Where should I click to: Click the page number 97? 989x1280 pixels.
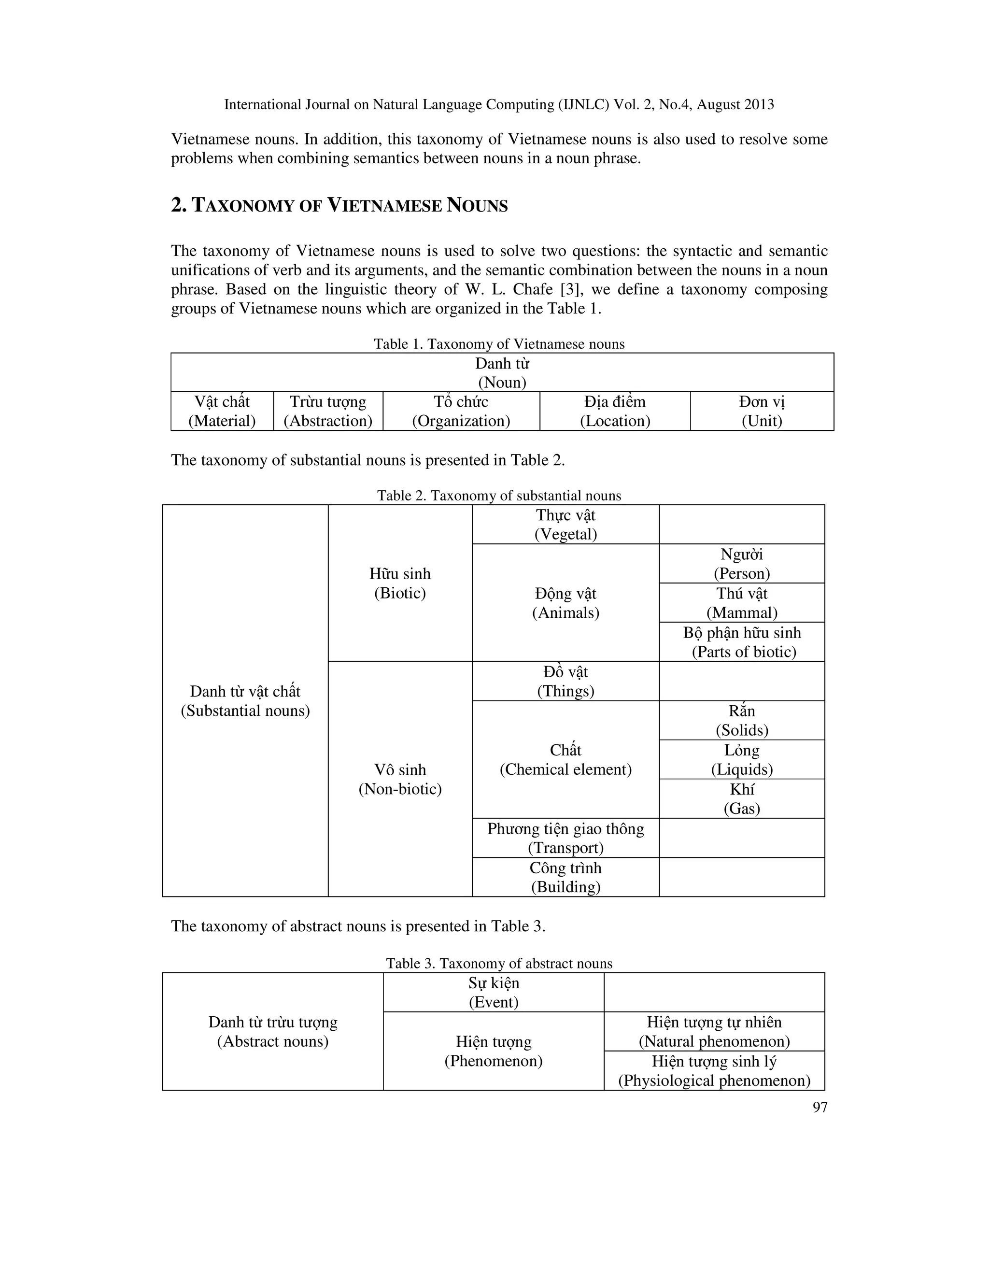pos(819,1107)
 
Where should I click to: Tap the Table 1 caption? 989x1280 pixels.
pos(499,344)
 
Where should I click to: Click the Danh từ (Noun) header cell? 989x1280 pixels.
pos(502,373)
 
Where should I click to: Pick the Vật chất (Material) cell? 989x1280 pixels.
pos(222,411)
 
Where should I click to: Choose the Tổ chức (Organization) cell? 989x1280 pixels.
pos(461,411)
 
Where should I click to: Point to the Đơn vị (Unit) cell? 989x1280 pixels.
pos(762,411)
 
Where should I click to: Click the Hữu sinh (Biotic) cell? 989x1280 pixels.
pos(400,583)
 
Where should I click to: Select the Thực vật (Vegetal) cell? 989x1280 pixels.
pos(565,525)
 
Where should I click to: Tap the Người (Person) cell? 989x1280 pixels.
pos(742,563)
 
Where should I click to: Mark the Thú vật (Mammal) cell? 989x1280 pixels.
pos(742,602)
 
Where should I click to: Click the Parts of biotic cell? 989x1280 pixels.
pos(742,642)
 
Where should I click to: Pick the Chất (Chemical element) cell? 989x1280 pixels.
pos(565,760)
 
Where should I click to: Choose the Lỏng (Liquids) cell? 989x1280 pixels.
pos(742,760)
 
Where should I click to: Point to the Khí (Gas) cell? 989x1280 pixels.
pos(742,799)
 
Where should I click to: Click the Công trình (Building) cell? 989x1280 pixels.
pos(565,877)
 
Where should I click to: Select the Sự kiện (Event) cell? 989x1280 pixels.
pos(494,992)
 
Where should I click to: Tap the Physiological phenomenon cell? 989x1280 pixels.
pos(714,1071)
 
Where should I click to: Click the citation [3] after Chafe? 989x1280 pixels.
pos(571,289)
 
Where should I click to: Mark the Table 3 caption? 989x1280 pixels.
pos(499,964)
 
